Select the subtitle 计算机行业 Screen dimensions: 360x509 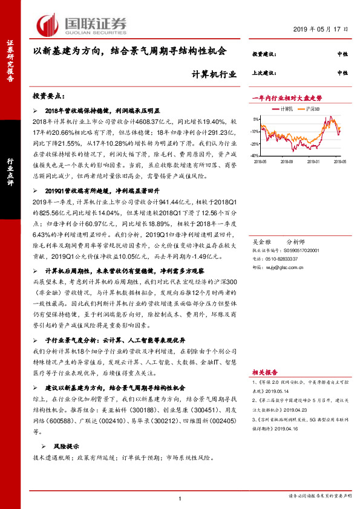tap(209, 75)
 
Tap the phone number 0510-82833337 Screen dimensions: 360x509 tap(283, 258)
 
